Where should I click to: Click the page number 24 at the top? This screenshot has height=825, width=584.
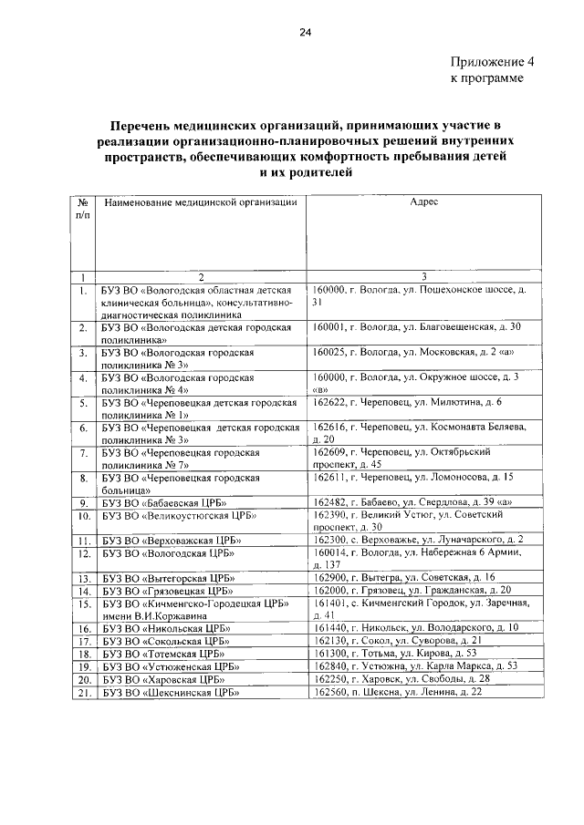coord(305,33)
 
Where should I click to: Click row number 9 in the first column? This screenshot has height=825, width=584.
coord(82,502)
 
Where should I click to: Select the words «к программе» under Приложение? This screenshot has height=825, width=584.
coord(488,79)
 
